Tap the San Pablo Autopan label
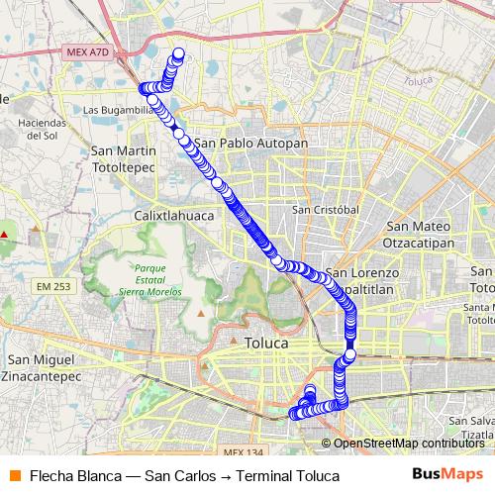[251, 144]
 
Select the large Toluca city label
[265, 343]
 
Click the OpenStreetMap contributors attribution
[407, 444]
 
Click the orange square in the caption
[14, 476]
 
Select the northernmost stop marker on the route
[179, 53]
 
